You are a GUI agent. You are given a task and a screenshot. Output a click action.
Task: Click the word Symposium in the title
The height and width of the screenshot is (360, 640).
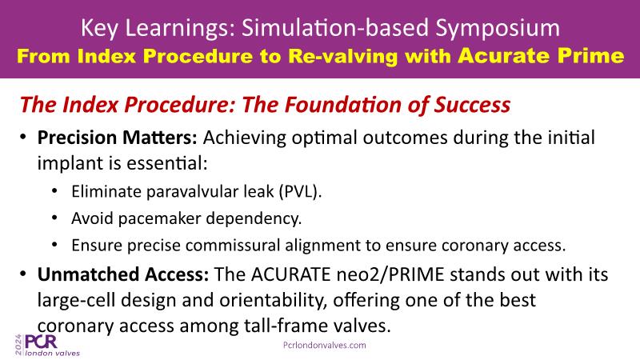pos(498,29)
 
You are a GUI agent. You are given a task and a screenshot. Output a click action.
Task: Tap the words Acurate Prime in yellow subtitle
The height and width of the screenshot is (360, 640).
pos(541,55)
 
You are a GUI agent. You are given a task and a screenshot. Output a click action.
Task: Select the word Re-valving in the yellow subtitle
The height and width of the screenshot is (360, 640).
pos(342,56)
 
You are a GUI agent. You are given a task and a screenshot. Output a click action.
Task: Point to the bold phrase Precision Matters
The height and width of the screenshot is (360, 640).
pos(117,138)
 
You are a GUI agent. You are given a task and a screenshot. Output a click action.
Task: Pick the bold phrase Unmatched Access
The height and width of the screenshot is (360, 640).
pos(123,274)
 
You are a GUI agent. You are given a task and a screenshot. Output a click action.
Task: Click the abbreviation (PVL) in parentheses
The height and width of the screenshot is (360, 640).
pos(301,191)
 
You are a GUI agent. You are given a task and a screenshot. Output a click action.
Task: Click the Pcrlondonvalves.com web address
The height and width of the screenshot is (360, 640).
pos(325,346)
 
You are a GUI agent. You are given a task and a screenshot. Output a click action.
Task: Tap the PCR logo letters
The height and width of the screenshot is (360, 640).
pos(42,342)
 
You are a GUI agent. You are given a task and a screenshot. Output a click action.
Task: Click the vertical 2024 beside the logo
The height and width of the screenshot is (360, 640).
pos(18,345)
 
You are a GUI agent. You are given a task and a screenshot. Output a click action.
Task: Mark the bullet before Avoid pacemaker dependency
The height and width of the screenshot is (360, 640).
pos(55,218)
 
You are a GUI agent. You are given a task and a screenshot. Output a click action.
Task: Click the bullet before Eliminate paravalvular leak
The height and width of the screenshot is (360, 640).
pos(55,191)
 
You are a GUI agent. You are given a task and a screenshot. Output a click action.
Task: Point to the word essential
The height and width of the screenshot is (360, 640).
pos(167,163)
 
